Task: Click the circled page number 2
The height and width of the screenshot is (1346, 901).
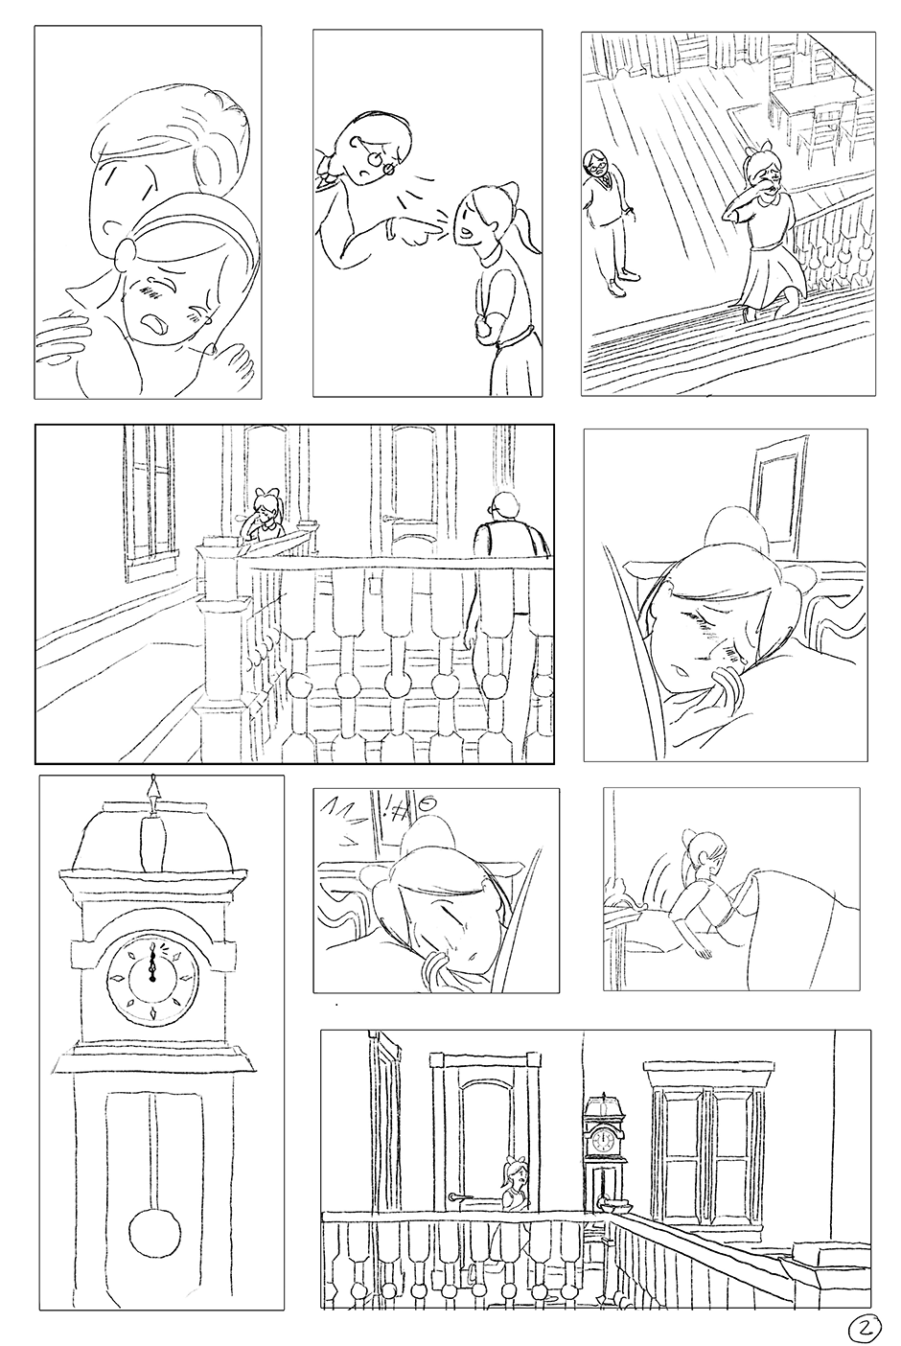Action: [865, 1326]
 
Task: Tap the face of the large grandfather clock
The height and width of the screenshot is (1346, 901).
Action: [152, 980]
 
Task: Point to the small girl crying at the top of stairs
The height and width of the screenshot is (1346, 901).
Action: [265, 513]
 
